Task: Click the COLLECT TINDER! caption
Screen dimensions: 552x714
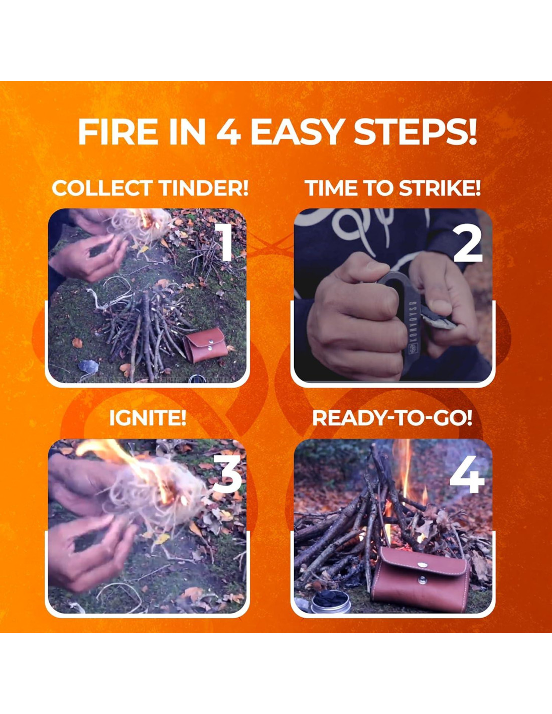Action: click(x=150, y=188)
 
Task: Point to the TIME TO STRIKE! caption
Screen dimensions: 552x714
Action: click(x=393, y=188)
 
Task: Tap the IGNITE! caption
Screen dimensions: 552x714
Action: click(x=148, y=418)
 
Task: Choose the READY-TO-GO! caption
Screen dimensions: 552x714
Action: click(x=392, y=418)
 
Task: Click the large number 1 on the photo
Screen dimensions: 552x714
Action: click(x=224, y=242)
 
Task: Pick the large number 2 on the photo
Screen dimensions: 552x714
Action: click(x=468, y=242)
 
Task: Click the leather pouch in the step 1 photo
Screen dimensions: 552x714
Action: click(x=205, y=344)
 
